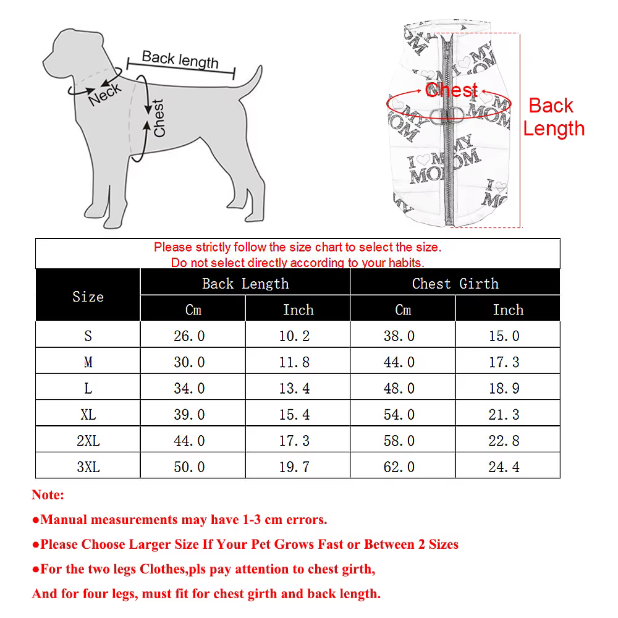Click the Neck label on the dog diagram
(105, 95)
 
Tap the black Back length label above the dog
(180, 59)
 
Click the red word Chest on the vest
(452, 90)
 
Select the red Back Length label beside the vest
(553, 117)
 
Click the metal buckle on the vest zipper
(447, 114)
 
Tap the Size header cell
(88, 297)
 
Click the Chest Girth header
(455, 284)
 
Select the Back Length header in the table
(245, 284)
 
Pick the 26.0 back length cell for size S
(189, 336)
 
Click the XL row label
(88, 415)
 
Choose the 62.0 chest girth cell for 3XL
(399, 467)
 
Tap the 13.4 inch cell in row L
(294, 389)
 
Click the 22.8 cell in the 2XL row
(504, 441)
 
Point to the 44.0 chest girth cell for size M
(399, 362)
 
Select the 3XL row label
(88, 467)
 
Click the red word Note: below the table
(48, 494)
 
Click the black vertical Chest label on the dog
(158, 118)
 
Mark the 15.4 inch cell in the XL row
(294, 415)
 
